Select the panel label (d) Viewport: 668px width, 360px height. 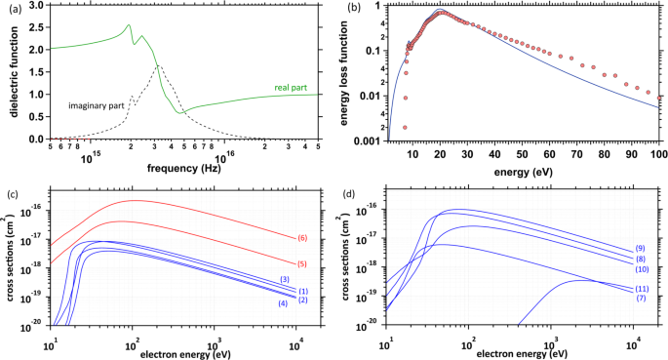(348, 188)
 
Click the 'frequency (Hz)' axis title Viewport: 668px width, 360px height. (182, 168)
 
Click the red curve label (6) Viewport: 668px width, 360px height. (302, 238)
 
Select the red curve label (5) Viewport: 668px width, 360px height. (302, 263)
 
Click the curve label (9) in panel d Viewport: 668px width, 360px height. (640, 249)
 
